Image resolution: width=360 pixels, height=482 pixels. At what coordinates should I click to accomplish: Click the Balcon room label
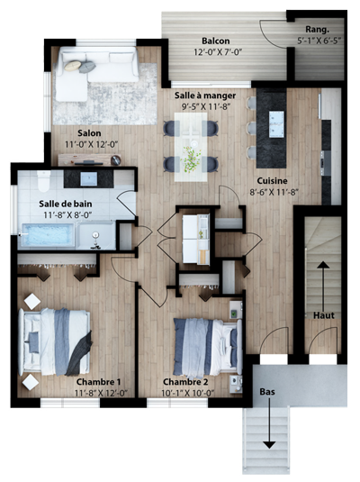click(x=216, y=41)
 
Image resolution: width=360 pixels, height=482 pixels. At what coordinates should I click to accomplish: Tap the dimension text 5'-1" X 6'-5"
click(x=319, y=41)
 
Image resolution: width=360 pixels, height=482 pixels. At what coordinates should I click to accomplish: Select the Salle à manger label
click(x=205, y=95)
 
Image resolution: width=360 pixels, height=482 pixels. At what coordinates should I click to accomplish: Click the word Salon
click(x=89, y=133)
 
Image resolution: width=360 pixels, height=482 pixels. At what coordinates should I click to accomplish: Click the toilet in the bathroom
click(x=43, y=181)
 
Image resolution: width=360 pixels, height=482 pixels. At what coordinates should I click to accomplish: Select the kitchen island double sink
click(x=276, y=124)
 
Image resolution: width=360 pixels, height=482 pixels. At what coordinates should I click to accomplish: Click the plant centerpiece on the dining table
click(x=192, y=158)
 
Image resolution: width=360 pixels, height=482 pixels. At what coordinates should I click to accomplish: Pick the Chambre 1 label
click(x=98, y=382)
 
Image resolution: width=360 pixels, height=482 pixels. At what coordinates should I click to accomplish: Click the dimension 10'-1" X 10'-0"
click(x=188, y=393)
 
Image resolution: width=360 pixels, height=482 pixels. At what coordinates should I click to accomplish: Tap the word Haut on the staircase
click(x=324, y=315)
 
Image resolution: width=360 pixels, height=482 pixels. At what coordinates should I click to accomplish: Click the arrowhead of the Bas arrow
click(x=269, y=445)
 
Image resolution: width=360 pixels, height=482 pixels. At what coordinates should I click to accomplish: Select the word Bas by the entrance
click(x=267, y=392)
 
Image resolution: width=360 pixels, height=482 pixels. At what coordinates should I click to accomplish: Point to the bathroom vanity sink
click(x=89, y=179)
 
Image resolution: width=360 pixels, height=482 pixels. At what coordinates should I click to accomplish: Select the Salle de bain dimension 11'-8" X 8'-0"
click(x=67, y=214)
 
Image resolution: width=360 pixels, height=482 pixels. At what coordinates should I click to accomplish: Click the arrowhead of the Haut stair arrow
click(x=322, y=264)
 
